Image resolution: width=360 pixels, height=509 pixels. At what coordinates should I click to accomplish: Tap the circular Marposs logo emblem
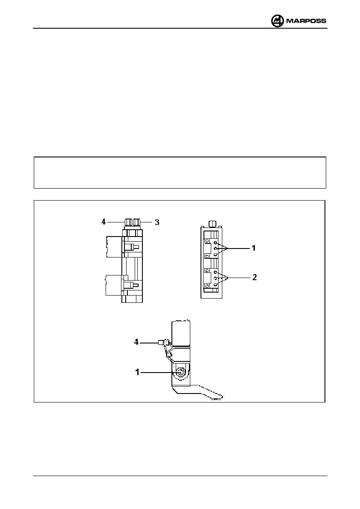277,21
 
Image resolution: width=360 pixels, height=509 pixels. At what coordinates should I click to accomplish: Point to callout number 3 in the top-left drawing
157,222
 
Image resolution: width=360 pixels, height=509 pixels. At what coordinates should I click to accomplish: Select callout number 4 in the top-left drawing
103,222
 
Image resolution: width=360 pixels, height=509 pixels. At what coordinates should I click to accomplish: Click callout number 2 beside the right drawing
254,278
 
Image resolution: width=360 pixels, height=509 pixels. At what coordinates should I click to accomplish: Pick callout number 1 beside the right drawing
254,248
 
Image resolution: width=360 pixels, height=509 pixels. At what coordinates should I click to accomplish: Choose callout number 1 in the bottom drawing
137,373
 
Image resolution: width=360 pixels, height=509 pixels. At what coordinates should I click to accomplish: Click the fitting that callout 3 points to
136,222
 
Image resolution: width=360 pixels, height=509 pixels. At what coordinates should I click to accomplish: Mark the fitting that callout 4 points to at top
128,222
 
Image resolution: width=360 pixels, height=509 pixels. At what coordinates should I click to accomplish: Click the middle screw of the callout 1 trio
216,249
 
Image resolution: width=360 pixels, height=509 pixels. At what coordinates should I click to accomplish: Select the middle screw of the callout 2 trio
216,278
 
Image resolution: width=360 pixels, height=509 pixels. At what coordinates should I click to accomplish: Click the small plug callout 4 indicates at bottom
161,342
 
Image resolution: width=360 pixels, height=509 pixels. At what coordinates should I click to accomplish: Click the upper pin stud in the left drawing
134,247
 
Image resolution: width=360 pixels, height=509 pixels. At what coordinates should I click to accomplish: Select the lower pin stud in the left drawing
134,285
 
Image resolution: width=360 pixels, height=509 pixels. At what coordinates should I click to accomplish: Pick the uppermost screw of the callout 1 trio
216,243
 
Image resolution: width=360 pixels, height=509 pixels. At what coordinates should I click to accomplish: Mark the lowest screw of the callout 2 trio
216,284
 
